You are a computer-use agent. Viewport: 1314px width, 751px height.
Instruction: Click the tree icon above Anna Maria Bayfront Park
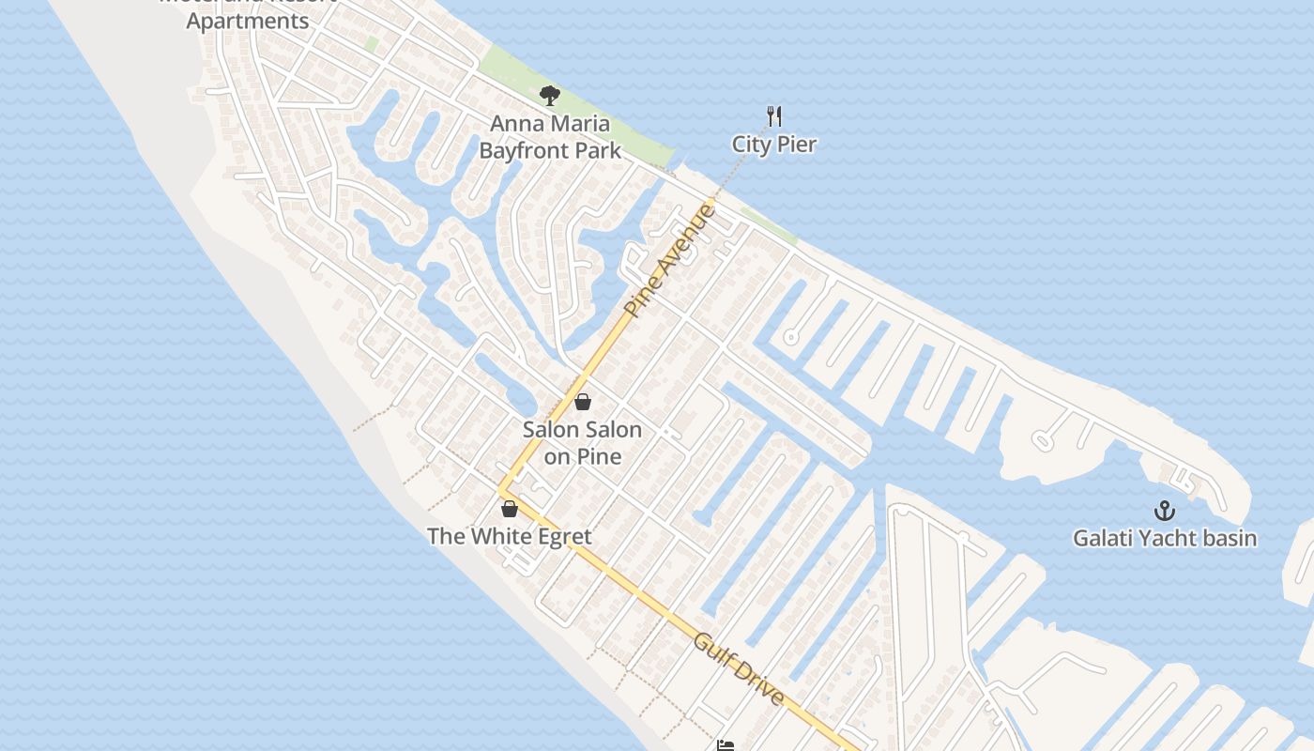click(550, 95)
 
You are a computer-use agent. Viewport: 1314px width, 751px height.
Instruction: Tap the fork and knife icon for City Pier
click(774, 116)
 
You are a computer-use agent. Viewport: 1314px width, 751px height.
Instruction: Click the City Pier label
click(774, 145)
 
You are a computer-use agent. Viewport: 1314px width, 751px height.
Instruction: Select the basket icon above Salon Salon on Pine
click(583, 402)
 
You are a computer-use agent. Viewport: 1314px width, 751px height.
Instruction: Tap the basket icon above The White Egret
click(510, 509)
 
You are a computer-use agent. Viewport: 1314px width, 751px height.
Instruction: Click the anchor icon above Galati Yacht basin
click(1164, 511)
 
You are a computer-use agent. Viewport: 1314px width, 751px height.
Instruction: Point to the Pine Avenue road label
click(669, 261)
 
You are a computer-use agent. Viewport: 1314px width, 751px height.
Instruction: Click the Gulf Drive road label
click(739, 669)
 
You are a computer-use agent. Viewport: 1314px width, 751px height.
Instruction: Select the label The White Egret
click(510, 537)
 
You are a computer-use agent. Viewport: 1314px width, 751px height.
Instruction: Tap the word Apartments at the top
click(248, 21)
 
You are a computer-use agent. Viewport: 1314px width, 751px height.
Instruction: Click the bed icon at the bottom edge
click(726, 745)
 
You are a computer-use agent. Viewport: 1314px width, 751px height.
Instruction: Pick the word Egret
click(561, 537)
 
